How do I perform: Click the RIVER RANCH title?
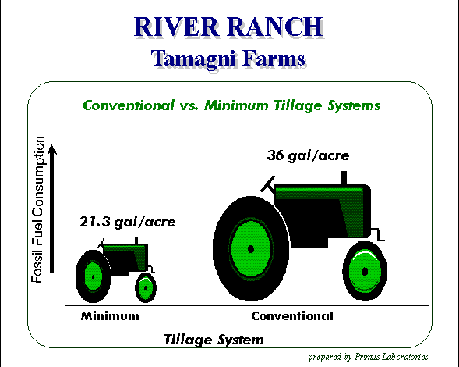click(228, 27)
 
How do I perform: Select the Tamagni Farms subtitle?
click(228, 59)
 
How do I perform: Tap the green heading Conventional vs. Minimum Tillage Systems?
click(231, 105)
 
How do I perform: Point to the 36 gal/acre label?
click(308, 155)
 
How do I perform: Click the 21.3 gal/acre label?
click(127, 222)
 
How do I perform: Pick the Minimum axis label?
click(110, 316)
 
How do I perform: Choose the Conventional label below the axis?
click(292, 316)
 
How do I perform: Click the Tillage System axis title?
click(214, 340)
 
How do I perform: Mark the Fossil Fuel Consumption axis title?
click(37, 209)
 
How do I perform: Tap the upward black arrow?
click(52, 208)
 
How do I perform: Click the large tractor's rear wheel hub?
click(251, 249)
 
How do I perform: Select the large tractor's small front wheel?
click(365, 271)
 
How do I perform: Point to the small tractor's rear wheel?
click(94, 276)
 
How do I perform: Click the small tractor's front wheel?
click(146, 288)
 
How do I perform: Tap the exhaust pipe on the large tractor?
click(344, 178)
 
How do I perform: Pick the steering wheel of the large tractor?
click(267, 184)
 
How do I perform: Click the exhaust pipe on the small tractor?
click(136, 241)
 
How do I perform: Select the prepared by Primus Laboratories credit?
click(369, 357)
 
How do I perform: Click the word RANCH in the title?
click(275, 27)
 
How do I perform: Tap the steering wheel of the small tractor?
click(101, 243)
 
